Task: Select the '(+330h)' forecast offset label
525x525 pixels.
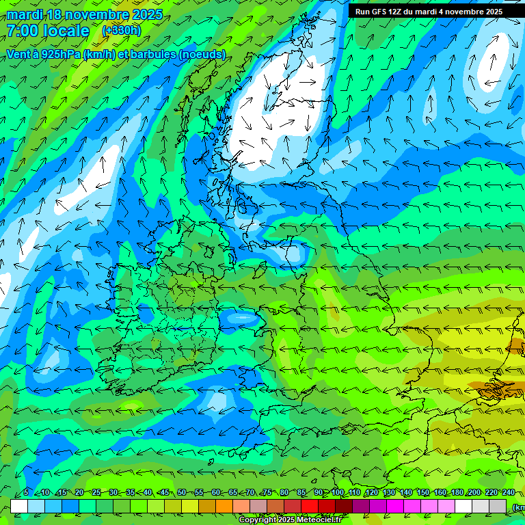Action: [x=122, y=31]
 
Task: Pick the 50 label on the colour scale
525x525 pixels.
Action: [x=182, y=493]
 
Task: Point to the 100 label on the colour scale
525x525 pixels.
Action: [x=338, y=493]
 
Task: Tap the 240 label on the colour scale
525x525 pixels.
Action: [x=509, y=493]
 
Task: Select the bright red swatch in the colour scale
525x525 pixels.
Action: [x=310, y=506]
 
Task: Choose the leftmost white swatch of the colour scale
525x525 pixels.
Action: [x=19, y=506]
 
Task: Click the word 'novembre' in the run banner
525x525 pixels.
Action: [x=462, y=12]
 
